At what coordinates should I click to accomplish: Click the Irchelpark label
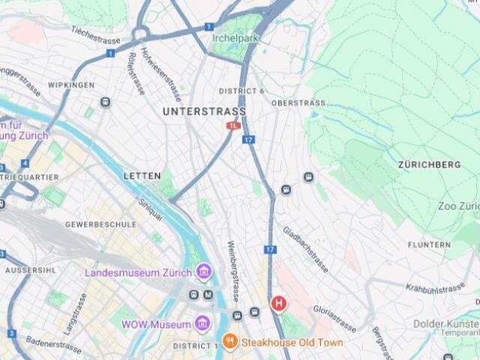pyautogui.click(x=235, y=37)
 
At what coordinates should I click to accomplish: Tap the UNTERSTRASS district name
pyautogui.click(x=204, y=112)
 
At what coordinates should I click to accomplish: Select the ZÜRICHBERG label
pyautogui.click(x=429, y=164)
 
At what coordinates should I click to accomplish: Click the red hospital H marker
pyautogui.click(x=278, y=304)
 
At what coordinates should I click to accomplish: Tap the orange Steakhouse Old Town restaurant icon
pyautogui.click(x=229, y=342)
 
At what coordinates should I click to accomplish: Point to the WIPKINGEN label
pyautogui.click(x=70, y=85)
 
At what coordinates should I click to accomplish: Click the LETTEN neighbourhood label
pyautogui.click(x=142, y=175)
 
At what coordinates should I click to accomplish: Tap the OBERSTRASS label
pyautogui.click(x=298, y=103)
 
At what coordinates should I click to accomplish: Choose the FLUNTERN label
pyautogui.click(x=429, y=245)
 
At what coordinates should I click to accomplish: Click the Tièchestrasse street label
pyautogui.click(x=97, y=33)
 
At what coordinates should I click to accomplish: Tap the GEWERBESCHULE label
pyautogui.click(x=100, y=224)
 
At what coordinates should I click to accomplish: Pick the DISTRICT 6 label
pyautogui.click(x=241, y=91)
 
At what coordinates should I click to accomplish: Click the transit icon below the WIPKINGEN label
pyautogui.click(x=105, y=102)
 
